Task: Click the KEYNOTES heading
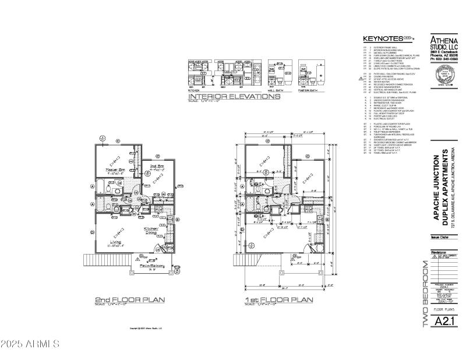382,38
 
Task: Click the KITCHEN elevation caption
194,91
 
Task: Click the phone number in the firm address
444,59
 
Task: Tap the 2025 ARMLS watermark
30,344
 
